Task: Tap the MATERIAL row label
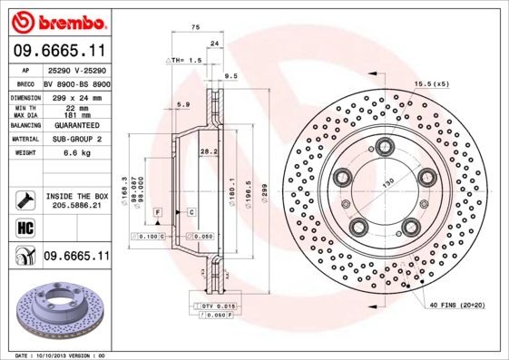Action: [x=24, y=140]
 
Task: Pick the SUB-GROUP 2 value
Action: [x=76, y=140]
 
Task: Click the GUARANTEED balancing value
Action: [x=76, y=125]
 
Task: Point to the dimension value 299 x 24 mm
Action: [x=76, y=96]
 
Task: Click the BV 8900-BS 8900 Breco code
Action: [x=76, y=83]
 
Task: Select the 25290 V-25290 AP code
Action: [x=76, y=69]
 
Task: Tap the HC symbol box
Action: [x=24, y=227]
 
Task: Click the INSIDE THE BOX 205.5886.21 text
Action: [x=76, y=200]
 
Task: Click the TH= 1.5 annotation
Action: [x=182, y=59]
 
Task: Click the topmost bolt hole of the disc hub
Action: [x=385, y=145]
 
